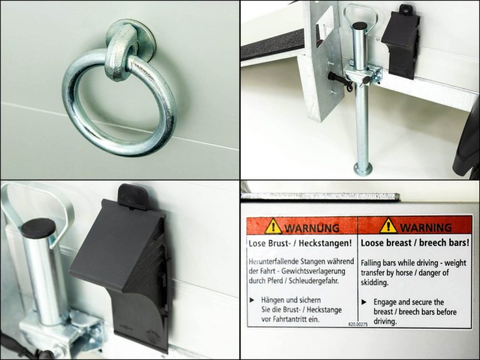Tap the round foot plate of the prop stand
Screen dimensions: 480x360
(362, 169)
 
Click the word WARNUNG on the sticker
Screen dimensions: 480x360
(312, 228)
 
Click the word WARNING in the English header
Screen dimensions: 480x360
(426, 227)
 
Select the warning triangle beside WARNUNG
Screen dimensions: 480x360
(273, 226)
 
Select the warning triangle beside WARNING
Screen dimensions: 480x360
(389, 226)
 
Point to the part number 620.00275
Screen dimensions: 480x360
(358, 324)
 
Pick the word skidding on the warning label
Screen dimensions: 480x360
(374, 282)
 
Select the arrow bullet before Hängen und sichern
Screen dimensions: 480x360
(252, 300)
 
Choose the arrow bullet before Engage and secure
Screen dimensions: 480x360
(364, 302)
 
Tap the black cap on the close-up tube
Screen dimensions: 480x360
(39, 228)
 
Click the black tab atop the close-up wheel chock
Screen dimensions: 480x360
(134, 196)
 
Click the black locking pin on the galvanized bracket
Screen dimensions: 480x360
(340, 80)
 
